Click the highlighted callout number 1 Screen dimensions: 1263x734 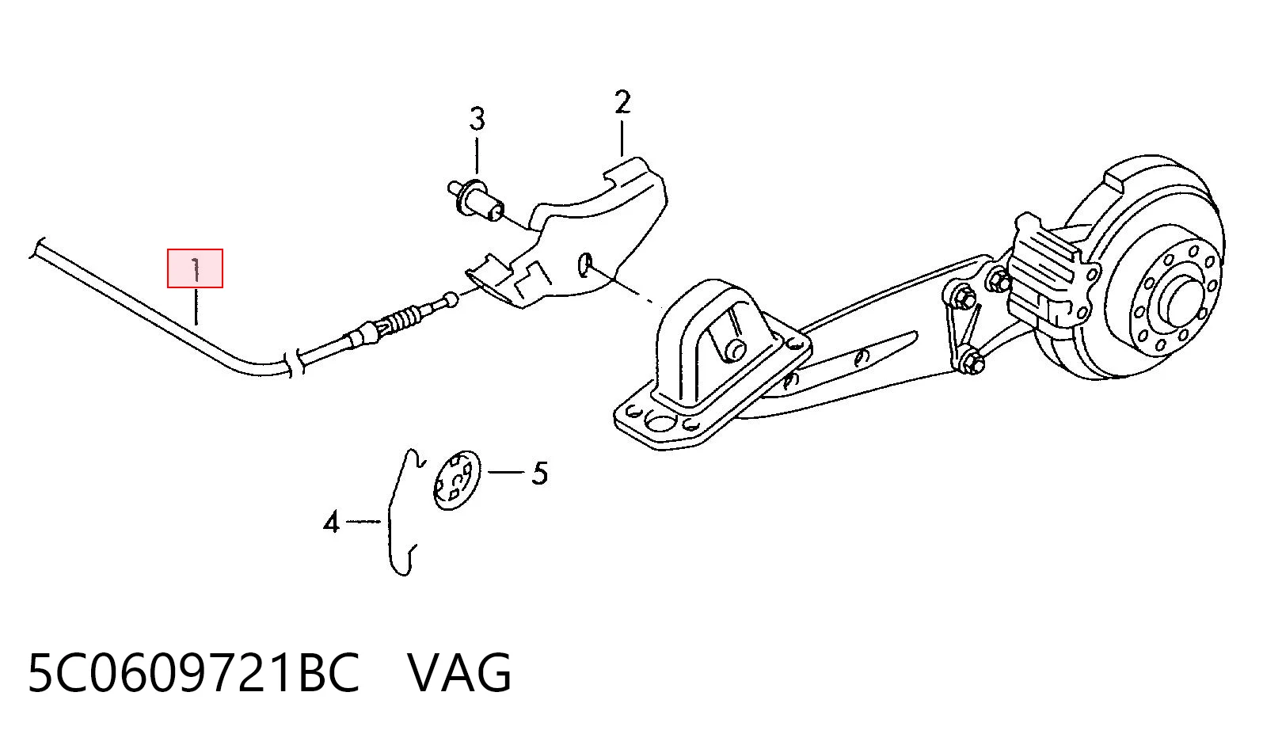pos(195,269)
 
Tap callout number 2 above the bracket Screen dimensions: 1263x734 pos(622,102)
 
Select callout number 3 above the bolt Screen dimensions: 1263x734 pos(477,120)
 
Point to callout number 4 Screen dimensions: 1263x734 pos(331,522)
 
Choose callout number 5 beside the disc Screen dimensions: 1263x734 pos(539,473)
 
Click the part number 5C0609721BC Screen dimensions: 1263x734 pos(193,672)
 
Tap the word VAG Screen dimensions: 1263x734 pos(459,672)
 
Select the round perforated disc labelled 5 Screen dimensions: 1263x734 pos(456,481)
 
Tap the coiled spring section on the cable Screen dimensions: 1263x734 pos(404,319)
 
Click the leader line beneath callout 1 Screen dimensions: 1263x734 pos(196,306)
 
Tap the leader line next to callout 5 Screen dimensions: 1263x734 pos(506,471)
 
